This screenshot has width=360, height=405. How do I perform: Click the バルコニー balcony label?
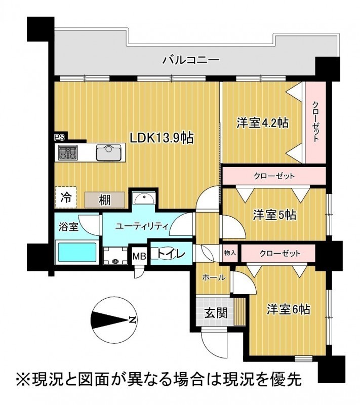[x=190, y=60]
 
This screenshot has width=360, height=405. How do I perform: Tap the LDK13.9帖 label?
[x=162, y=138]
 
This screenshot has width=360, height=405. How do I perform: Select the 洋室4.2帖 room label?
[x=263, y=123]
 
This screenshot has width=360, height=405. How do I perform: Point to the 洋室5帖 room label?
[x=274, y=215]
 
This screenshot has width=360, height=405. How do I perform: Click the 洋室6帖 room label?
[x=288, y=309]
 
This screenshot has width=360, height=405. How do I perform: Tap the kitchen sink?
[x=108, y=152]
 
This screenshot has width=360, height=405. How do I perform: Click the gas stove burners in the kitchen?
[x=68, y=152]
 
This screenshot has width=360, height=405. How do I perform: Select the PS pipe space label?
[x=59, y=137]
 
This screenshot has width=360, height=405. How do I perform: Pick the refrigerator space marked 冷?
[x=66, y=197]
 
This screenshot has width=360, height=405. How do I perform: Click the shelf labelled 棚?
[x=105, y=199]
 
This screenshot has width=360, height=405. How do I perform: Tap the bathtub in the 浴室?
[x=76, y=252]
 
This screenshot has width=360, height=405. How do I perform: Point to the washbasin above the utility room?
[x=144, y=198]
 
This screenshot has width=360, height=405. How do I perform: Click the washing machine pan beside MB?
[x=115, y=256]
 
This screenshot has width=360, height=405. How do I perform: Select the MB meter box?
[x=139, y=256]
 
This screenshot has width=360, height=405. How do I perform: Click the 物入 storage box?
[x=230, y=253]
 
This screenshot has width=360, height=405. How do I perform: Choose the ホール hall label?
[x=214, y=277]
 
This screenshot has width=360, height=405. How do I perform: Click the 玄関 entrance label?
[x=216, y=313]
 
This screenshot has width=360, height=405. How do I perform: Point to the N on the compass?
[x=132, y=320]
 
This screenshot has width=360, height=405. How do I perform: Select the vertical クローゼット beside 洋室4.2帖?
[x=315, y=123]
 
